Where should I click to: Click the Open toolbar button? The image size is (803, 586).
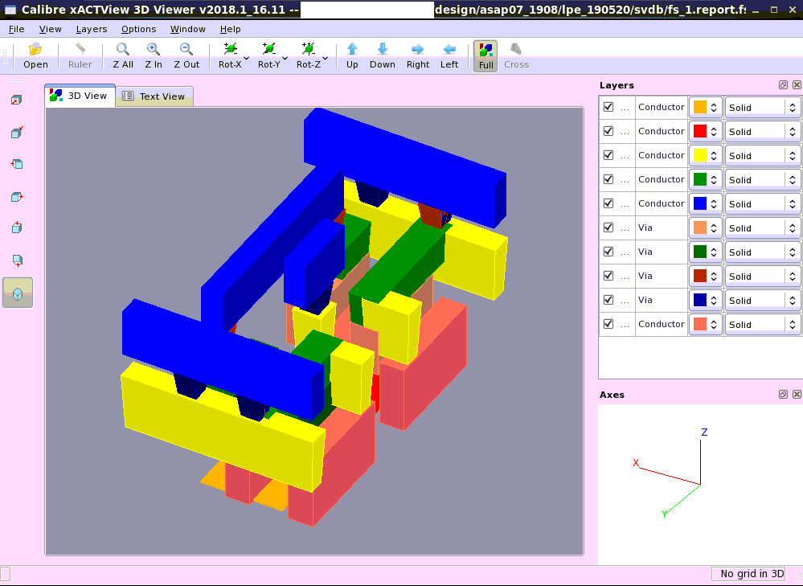[x=35, y=55]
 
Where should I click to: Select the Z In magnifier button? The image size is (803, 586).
[x=154, y=55]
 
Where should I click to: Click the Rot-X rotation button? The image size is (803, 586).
[x=231, y=55]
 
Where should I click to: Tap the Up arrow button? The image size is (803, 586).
[x=352, y=55]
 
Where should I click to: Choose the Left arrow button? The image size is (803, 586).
[x=449, y=55]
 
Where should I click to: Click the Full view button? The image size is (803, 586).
[x=485, y=55]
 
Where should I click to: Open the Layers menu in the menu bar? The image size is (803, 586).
[x=92, y=29]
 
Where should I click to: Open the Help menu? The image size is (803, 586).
[x=230, y=29]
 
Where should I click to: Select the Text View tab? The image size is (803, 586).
[x=154, y=96]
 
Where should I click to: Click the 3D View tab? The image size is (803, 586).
[x=80, y=96]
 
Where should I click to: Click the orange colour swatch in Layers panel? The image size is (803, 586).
[x=700, y=107]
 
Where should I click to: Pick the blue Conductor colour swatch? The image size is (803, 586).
[x=700, y=203]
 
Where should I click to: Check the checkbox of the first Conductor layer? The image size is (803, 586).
[x=608, y=107]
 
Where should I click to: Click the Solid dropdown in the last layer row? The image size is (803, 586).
[x=762, y=325]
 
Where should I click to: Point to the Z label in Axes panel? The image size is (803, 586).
[x=704, y=432]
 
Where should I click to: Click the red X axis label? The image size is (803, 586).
[x=636, y=463]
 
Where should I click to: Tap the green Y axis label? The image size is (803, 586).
[x=664, y=514]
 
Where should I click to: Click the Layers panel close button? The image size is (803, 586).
[x=797, y=85]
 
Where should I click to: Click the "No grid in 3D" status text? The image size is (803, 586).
[x=752, y=574]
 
